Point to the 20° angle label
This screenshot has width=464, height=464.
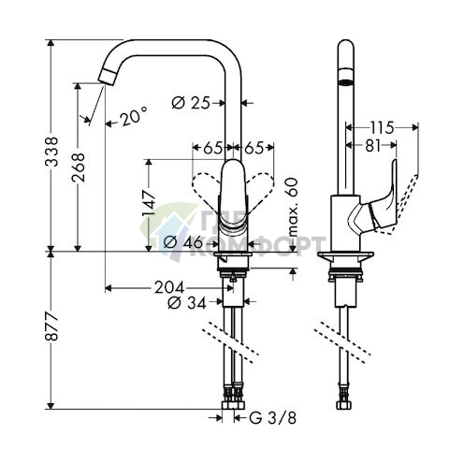pos(132,117)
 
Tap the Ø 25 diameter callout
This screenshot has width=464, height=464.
pos(192,102)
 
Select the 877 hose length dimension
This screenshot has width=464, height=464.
pos(53,327)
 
